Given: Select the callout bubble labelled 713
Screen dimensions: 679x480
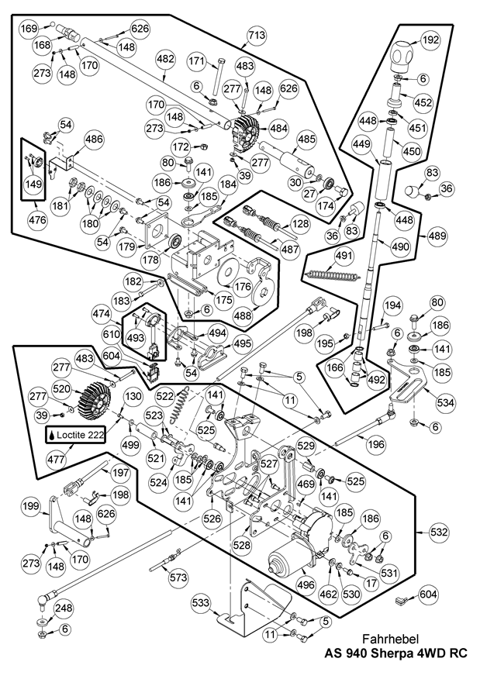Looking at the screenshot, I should coord(257,35).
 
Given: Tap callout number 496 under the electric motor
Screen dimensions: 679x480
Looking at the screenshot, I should coord(306,586).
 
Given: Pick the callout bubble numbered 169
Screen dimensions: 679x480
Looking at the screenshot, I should coord(28,29).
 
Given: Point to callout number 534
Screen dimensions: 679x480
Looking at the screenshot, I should coord(445,402).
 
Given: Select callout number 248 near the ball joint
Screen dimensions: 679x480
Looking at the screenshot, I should coord(64,608).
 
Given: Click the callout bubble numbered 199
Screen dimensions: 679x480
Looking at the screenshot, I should coord(30,508).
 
